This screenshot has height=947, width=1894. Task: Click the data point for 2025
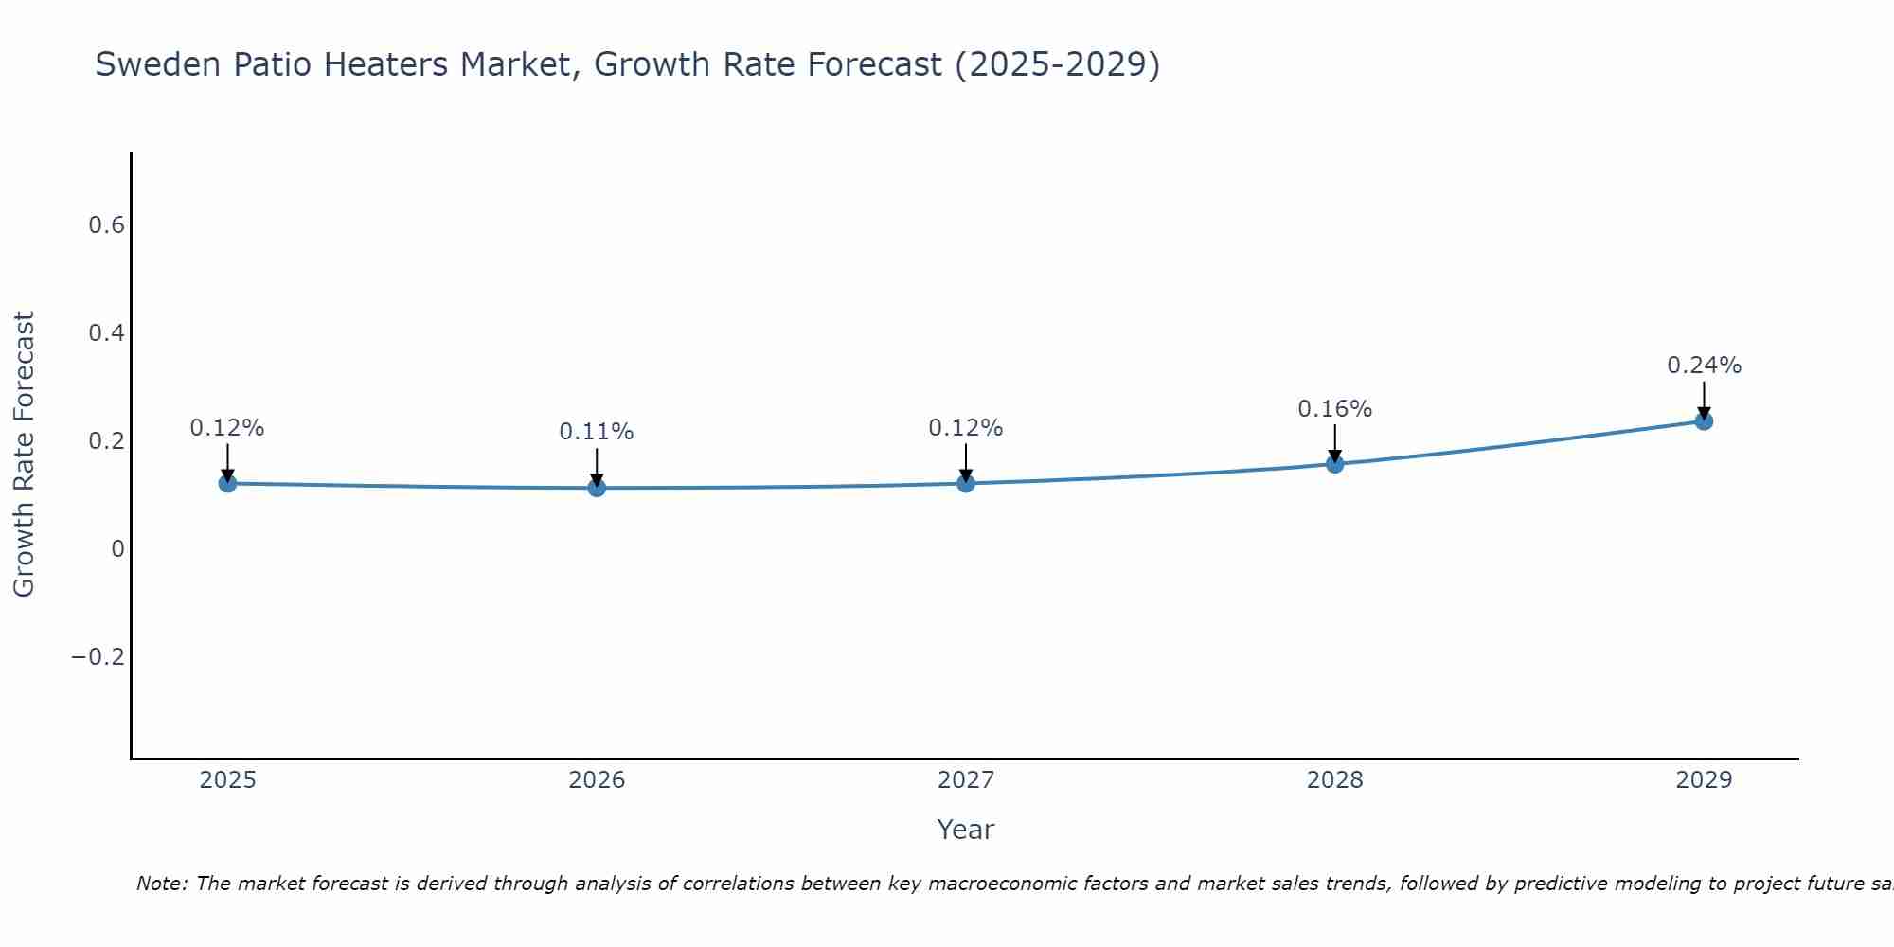coord(227,483)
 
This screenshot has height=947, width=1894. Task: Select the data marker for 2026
coord(597,488)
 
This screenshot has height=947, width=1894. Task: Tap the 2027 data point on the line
coord(966,483)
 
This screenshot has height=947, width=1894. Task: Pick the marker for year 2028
coord(1334,463)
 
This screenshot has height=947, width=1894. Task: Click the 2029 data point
coord(1704,420)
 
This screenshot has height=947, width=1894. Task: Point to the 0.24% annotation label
coord(1704,366)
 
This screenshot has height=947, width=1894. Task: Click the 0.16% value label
coord(1334,409)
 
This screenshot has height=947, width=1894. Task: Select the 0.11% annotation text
coord(597,432)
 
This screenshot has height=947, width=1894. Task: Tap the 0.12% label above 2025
coord(227,428)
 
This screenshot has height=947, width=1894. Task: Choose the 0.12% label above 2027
coord(966,428)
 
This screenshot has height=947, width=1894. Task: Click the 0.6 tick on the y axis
coord(106,225)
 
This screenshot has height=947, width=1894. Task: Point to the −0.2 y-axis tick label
coord(98,657)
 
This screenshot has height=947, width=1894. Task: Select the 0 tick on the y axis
coord(117,549)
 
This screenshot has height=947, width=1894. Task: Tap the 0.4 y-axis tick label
coord(106,333)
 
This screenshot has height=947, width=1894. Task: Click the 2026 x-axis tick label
coord(597,780)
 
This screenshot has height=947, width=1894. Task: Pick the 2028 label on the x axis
coord(1334,780)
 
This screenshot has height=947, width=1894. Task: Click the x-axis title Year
coord(965,830)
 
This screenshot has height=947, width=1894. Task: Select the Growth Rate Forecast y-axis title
coord(24,455)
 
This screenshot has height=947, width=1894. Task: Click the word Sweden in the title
coord(154,64)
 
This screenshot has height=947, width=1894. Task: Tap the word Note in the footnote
coord(162,884)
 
